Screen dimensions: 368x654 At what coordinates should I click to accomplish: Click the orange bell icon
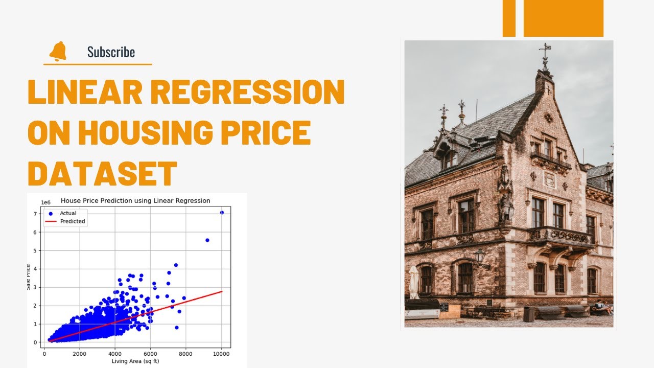58,51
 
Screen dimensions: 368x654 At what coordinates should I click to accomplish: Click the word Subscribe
111,52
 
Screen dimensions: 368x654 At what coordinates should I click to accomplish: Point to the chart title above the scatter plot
135,200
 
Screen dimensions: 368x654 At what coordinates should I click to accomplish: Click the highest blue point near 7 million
222,212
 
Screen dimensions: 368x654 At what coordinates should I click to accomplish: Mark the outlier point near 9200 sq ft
207,240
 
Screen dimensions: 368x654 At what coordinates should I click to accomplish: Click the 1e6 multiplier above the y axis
45,202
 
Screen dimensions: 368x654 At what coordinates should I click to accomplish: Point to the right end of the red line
222,291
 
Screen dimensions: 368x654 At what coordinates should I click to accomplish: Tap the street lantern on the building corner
480,257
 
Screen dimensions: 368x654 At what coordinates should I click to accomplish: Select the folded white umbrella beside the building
413,282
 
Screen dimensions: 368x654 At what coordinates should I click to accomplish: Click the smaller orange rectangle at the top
509,18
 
